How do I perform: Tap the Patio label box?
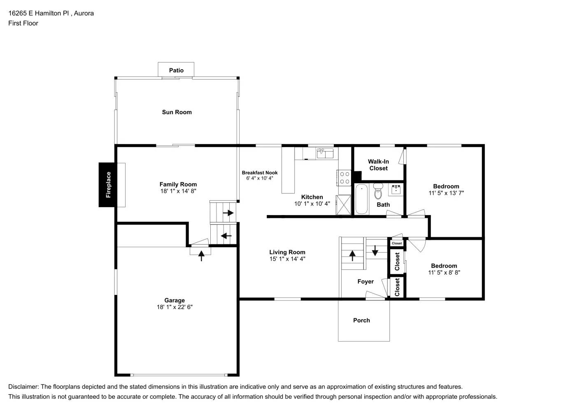(176, 70)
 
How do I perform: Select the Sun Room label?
(177, 112)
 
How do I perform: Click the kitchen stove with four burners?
(344, 178)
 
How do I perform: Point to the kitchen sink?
(325, 153)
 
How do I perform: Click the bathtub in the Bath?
(361, 199)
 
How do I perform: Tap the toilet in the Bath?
(378, 192)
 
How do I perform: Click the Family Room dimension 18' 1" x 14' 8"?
(178, 191)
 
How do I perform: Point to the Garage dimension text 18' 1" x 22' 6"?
(175, 307)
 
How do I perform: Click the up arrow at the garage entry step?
(201, 256)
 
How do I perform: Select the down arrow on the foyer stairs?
(375, 250)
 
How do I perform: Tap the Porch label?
(361, 320)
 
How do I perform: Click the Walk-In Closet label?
(378, 165)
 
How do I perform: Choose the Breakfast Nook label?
(259, 173)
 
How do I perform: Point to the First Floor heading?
(23, 23)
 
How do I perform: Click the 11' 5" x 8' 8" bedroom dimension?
(444, 272)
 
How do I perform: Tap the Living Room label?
(287, 252)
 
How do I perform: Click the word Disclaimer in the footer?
(23, 386)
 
